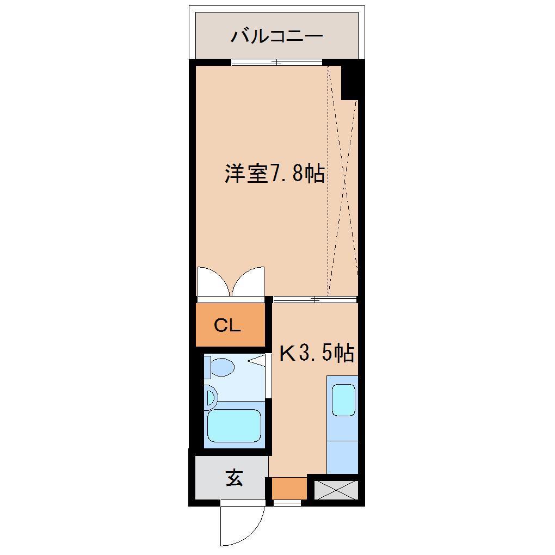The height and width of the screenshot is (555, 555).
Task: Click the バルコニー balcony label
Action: click(x=277, y=36)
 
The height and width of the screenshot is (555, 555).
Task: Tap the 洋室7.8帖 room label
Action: click(x=275, y=174)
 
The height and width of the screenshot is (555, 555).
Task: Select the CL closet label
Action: click(x=227, y=325)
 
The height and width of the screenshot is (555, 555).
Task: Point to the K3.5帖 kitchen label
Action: click(x=317, y=354)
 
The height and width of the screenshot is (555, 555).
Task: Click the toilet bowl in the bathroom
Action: click(x=222, y=367)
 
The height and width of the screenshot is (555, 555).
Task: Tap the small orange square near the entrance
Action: click(x=289, y=488)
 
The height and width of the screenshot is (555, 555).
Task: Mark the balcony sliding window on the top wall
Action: click(x=276, y=62)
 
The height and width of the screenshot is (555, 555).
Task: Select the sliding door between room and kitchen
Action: click(x=314, y=299)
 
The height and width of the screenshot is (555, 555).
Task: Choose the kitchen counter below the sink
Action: click(x=342, y=457)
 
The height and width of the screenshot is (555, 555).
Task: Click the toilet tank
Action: click(x=207, y=367)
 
